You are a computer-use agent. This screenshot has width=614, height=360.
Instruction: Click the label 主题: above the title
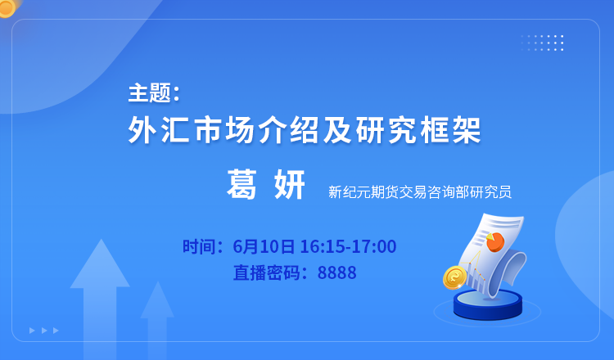tap(154, 93)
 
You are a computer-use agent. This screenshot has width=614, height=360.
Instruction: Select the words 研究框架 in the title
tap(418, 129)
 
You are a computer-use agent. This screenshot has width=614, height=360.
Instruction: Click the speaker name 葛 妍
tap(266, 185)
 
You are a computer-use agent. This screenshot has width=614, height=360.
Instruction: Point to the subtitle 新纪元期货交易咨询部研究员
tap(420, 192)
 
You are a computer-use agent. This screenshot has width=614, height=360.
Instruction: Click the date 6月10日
tap(264, 246)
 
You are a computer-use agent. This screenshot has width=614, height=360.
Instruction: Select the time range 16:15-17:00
tap(348, 246)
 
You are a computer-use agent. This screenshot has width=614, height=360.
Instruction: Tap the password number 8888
tap(336, 272)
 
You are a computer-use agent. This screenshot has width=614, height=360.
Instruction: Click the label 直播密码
tap(266, 272)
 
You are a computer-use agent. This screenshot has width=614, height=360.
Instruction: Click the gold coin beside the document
tap(454, 277)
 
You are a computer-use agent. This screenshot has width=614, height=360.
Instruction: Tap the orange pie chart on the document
tap(495, 242)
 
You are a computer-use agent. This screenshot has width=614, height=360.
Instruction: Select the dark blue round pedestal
tap(488, 305)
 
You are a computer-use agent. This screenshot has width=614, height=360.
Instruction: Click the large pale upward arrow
tap(100, 297)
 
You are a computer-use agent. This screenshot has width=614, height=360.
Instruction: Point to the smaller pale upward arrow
tap(157, 319)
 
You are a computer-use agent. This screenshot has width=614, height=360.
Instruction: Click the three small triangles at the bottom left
tap(44, 331)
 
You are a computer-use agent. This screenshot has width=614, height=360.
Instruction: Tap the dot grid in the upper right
tap(542, 43)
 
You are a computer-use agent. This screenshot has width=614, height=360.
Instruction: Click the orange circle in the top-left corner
tap(7, 7)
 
